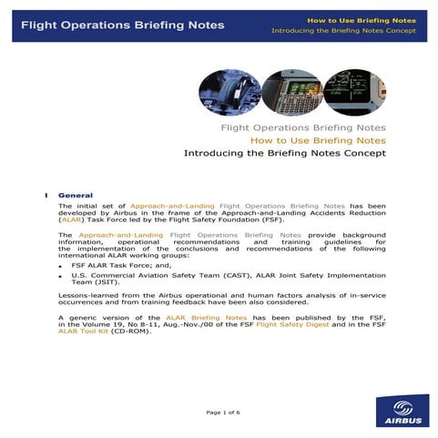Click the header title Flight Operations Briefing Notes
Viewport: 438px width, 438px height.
[122, 25]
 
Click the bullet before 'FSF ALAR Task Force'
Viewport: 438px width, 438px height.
[61, 266]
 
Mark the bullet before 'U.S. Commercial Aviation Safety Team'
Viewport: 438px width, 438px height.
[61, 276]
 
